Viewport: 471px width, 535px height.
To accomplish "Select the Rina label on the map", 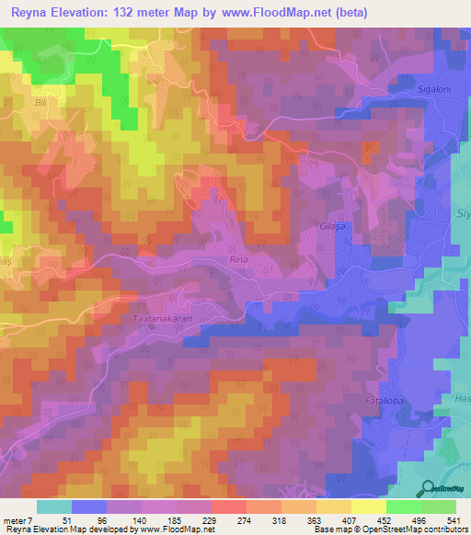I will click(238, 260).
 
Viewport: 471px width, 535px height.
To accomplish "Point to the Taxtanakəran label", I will click(162, 319).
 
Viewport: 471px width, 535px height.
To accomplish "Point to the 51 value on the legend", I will click(54, 520).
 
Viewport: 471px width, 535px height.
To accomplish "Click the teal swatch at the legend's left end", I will click(54, 507).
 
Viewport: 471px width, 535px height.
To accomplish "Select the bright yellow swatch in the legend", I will click(369, 507).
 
